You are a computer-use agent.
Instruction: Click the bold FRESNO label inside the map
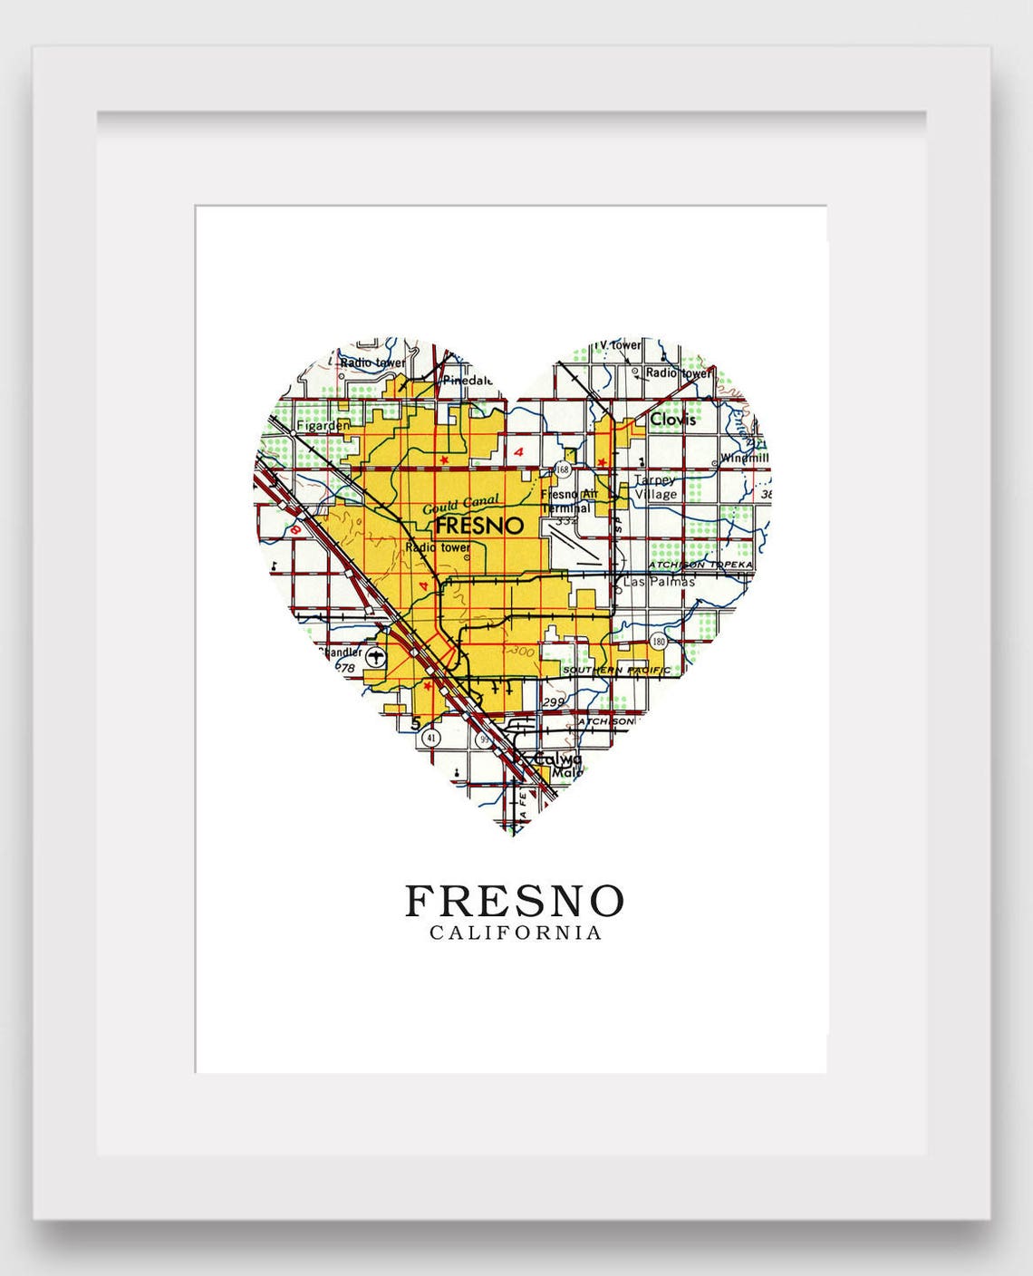click(x=479, y=526)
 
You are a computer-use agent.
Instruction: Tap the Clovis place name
click(x=673, y=420)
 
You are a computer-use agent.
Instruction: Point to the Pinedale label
click(x=468, y=382)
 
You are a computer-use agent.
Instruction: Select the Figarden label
click(x=323, y=425)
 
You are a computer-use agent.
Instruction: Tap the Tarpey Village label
click(x=655, y=488)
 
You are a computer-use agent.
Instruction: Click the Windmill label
click(x=745, y=459)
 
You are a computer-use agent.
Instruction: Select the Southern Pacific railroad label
click(x=617, y=671)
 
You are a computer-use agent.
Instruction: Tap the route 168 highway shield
click(x=564, y=469)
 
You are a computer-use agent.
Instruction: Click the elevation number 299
click(x=552, y=702)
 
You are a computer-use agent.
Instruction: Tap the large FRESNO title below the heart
click(x=515, y=901)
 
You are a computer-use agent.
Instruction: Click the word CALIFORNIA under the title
click(x=516, y=933)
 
